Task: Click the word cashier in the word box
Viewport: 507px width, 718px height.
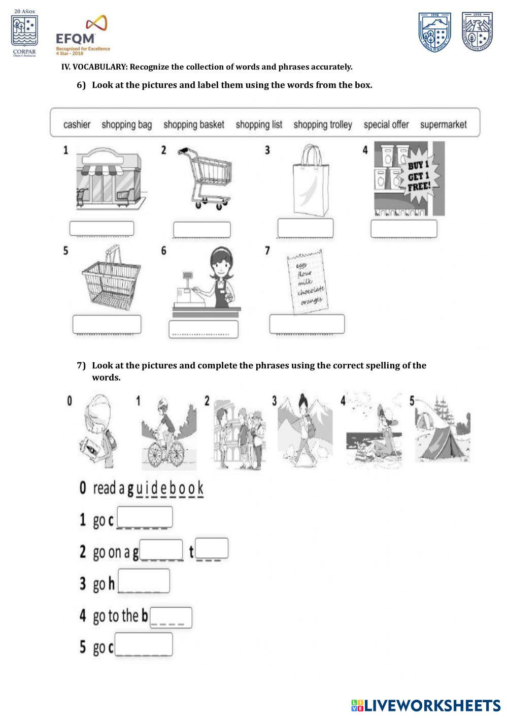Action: click(77, 124)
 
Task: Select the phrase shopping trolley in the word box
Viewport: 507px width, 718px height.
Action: click(322, 124)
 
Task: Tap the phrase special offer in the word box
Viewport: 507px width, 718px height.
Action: click(386, 124)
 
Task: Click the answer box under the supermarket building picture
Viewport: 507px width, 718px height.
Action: click(102, 229)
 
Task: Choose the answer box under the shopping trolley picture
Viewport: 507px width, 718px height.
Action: click(201, 230)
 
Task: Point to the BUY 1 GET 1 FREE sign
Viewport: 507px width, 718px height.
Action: click(419, 175)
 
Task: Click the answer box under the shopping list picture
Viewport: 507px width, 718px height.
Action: click(307, 324)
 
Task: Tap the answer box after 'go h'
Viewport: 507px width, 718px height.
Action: click(144, 581)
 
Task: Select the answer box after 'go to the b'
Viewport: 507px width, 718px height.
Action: click(171, 617)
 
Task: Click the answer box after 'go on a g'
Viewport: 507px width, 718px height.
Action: click(161, 550)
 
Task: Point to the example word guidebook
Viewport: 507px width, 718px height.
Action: click(165, 488)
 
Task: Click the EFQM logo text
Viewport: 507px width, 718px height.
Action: click(75, 39)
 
